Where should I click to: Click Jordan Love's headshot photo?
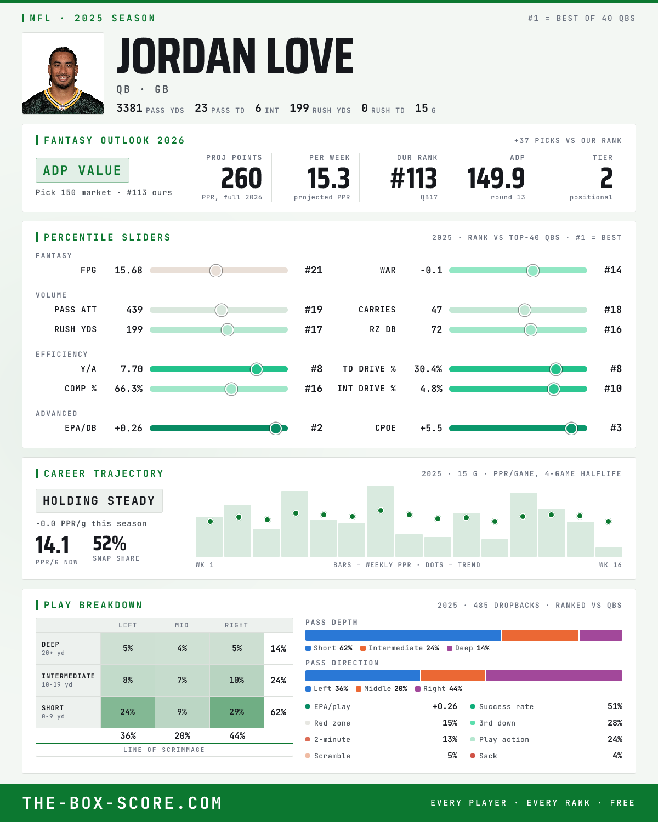(x=63, y=73)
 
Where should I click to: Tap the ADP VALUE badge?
(x=82, y=170)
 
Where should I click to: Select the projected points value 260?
(x=242, y=179)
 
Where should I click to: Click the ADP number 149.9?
(x=496, y=179)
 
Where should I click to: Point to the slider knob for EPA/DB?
(x=276, y=428)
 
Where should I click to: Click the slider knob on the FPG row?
(x=216, y=270)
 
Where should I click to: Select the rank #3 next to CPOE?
(x=616, y=428)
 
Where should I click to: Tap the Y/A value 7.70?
(x=132, y=369)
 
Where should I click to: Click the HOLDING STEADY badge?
(x=99, y=501)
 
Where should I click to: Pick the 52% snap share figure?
(x=109, y=543)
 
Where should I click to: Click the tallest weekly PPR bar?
(x=380, y=521)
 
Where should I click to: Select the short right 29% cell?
(x=237, y=712)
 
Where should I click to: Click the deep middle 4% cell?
(x=182, y=648)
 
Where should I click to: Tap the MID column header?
(x=182, y=625)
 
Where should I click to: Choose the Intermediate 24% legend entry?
(x=400, y=648)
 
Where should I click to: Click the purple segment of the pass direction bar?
(x=554, y=676)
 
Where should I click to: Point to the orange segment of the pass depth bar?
(x=540, y=635)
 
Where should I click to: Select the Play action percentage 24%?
(x=615, y=739)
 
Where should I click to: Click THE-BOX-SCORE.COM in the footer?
(x=122, y=803)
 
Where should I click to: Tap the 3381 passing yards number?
(x=129, y=108)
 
